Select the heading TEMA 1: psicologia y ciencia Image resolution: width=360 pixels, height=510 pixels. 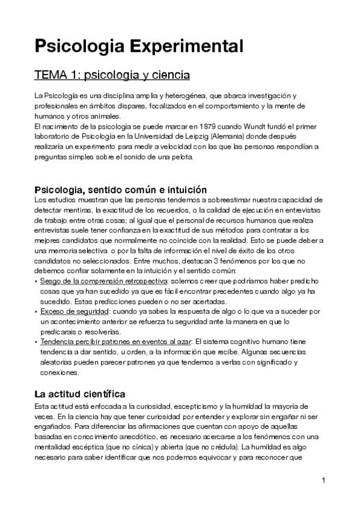[x=112, y=76]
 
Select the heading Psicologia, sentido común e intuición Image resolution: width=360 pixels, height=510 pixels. [x=120, y=189]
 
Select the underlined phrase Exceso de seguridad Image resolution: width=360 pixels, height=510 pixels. [x=75, y=312]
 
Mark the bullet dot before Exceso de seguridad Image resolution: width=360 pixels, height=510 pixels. [x=36, y=312]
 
